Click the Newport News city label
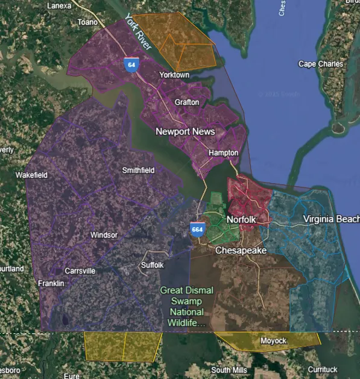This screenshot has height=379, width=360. [x=185, y=131]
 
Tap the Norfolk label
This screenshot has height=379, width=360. [x=242, y=220]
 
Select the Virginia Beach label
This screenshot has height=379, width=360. [x=331, y=219]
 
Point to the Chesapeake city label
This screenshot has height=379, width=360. [x=241, y=250]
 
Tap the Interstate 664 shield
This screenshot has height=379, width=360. [x=197, y=229]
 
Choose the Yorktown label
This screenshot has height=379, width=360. [x=174, y=75]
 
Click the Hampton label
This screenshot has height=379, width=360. [x=223, y=153]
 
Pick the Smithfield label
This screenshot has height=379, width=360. [x=139, y=171]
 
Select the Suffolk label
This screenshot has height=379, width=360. [x=151, y=265]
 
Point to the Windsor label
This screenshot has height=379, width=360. [x=104, y=235]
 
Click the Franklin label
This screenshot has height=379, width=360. [x=51, y=283]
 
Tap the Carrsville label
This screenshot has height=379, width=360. [x=80, y=271]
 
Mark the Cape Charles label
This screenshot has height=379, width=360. [x=321, y=64]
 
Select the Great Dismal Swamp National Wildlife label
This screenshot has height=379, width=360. [x=187, y=307]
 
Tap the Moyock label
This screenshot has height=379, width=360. [x=274, y=341]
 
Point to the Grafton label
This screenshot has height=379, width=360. [x=187, y=102]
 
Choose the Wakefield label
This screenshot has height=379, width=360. [x=31, y=175]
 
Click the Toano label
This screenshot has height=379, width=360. [x=87, y=22]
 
